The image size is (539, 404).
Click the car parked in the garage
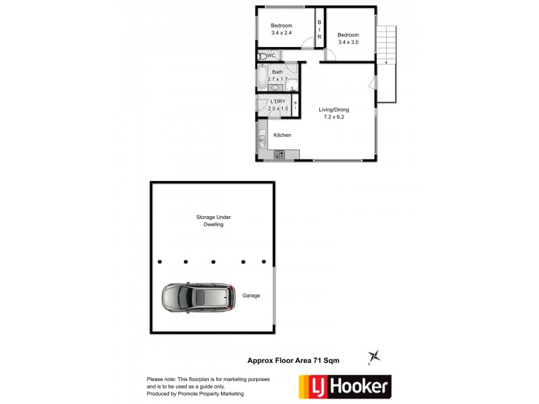click(199, 297)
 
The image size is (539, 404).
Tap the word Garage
click(251, 296)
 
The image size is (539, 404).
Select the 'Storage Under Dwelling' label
click(213, 221)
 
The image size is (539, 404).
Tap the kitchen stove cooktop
click(280, 155)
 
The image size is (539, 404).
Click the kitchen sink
click(261, 141)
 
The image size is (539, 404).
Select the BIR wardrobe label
click(319, 30)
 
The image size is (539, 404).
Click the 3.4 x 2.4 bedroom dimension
click(282, 32)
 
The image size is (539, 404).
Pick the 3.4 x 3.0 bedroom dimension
click(348, 42)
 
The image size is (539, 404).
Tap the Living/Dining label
click(334, 110)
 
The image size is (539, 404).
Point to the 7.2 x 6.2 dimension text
click(334, 117)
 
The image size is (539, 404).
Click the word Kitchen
click(282, 135)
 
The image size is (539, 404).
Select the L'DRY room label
click(278, 102)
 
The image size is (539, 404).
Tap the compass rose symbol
click(375, 355)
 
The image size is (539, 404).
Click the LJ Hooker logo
click(344, 386)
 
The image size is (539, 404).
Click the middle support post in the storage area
click(213, 262)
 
